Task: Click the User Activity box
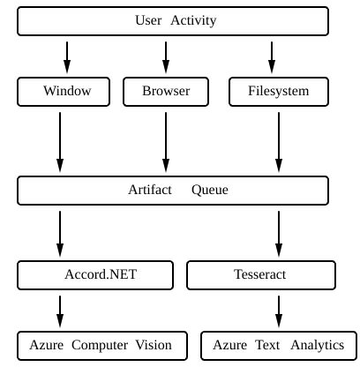173,21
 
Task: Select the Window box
64,92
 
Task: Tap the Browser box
166,92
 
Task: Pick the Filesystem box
279,92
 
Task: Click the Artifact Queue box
173,191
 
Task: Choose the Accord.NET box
95,275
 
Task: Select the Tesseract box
261,275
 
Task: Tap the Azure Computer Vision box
102,346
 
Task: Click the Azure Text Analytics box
279,346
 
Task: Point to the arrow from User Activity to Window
67,57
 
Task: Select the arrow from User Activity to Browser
166,57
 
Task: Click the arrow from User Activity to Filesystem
272,57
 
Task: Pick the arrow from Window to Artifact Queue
60,142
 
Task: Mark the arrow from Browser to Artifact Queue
166,142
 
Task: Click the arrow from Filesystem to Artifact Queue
279,142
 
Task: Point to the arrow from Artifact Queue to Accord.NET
60,234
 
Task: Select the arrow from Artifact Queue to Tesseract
279,234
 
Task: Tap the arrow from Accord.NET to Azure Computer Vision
60,311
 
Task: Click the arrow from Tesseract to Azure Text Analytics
279,311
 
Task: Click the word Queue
210,191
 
